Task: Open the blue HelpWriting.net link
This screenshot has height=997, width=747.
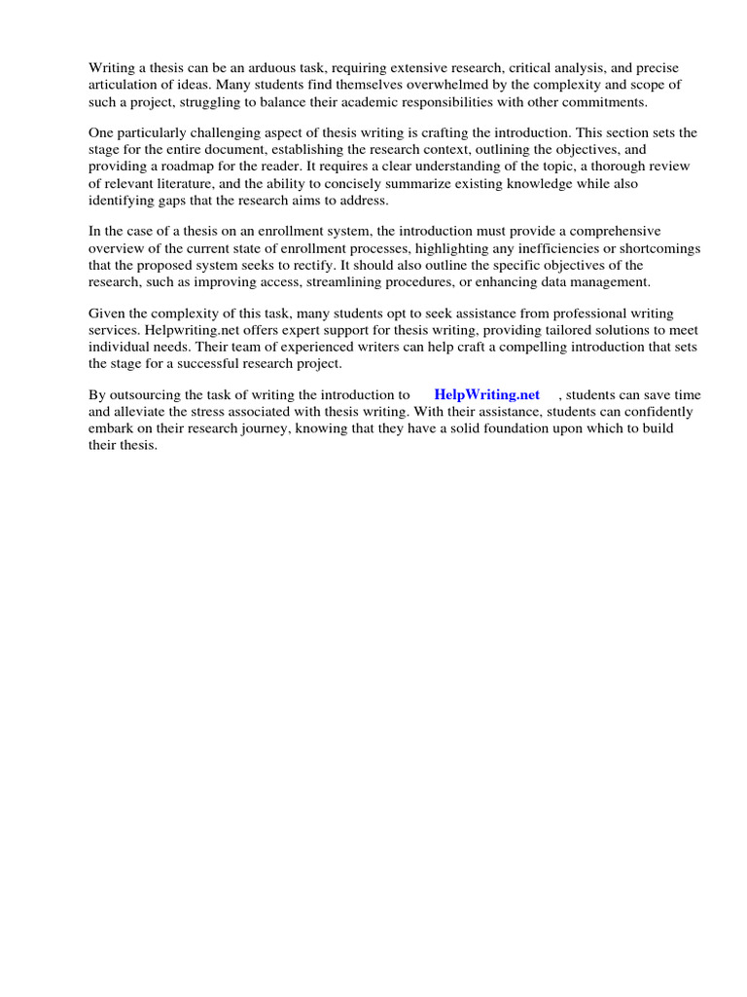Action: coord(486,395)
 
